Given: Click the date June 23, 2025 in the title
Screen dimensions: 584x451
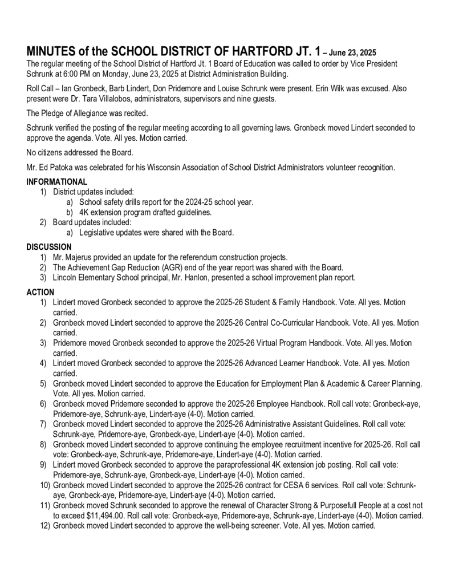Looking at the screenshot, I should coord(353,52).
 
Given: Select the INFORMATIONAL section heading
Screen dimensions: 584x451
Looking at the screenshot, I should coord(57,182).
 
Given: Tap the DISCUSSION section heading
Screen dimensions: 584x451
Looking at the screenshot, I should coord(49,247).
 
